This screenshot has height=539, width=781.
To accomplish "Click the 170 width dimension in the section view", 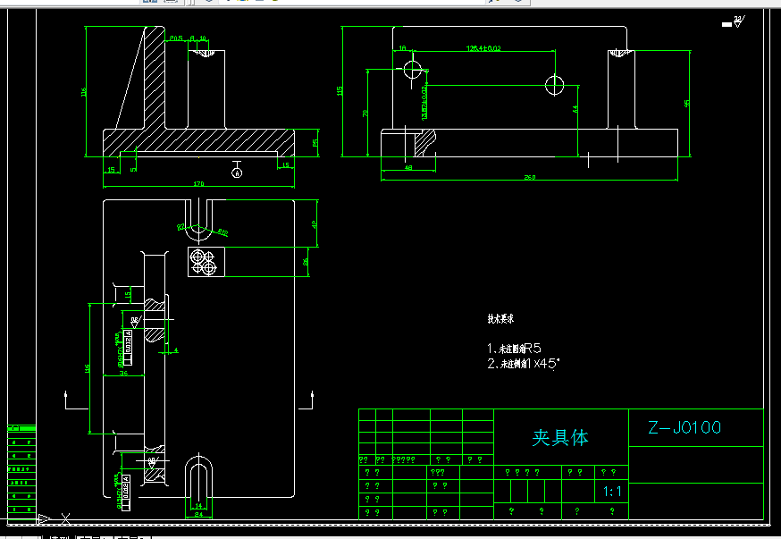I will tap(198, 183).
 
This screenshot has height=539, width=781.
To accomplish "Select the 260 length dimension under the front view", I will tap(529, 177).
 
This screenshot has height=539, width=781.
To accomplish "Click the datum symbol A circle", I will tap(237, 173).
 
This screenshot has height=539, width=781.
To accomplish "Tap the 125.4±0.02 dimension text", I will tap(483, 47).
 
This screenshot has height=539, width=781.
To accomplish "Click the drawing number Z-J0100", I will tap(684, 428).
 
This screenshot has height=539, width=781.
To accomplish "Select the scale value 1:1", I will tap(613, 491).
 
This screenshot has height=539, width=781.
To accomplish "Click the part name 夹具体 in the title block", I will tap(560, 437).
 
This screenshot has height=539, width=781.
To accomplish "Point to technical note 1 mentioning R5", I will tap(515, 348).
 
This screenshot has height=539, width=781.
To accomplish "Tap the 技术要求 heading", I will tap(500, 318).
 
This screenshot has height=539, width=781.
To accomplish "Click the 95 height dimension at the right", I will tap(686, 104).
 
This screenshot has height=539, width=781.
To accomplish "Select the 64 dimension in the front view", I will tap(575, 108).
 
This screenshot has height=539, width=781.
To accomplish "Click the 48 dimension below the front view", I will tap(408, 167).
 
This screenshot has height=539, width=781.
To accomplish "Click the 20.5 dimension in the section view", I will tap(175, 38).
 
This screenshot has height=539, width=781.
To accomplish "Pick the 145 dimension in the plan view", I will tap(88, 367).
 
